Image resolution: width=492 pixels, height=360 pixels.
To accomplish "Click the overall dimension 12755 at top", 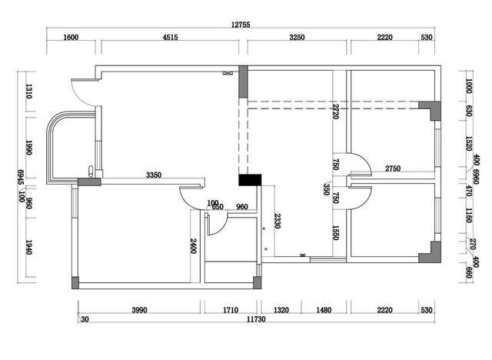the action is tap(241, 25).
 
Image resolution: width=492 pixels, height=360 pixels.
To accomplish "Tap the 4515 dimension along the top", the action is tap(171, 38).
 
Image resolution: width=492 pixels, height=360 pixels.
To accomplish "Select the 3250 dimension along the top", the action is tap(297, 38).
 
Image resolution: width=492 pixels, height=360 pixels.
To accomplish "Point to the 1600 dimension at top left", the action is tap(71, 38).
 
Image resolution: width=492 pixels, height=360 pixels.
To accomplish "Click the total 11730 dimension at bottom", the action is tap(256, 319).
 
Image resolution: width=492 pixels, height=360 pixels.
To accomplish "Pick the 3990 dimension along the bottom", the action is tap(139, 310).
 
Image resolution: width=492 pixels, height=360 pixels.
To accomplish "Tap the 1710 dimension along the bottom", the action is tap(231, 310).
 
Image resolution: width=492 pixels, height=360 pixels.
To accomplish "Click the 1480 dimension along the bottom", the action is tap(324, 310).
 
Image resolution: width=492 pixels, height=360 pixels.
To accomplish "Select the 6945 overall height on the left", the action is tap(21, 178).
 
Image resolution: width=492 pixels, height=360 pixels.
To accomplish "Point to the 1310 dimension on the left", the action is tap(29, 91).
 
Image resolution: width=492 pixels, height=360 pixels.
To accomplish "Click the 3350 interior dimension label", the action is tap(154, 175).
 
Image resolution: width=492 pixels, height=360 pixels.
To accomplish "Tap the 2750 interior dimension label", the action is tap(393, 168).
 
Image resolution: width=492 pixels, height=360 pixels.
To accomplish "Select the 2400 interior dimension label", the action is tap(193, 246).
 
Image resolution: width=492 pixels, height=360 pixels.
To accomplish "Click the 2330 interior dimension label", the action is tap(278, 221).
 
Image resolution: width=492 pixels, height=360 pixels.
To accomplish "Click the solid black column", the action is tap(250, 180).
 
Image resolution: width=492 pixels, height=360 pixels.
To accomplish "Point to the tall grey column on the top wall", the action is tap(243, 82).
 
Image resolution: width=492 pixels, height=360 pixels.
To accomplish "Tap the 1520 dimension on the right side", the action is tap(469, 144).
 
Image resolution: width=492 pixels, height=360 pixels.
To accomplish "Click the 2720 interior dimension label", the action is tap(335, 112).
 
